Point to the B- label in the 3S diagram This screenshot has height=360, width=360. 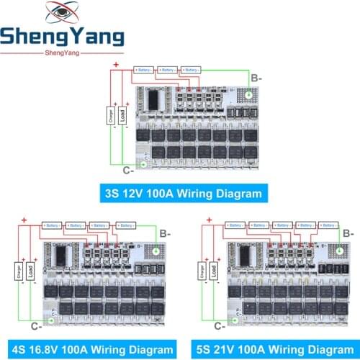(x=256, y=77)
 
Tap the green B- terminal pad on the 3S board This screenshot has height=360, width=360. (x=247, y=95)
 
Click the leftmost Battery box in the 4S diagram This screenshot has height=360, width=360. (x=53, y=225)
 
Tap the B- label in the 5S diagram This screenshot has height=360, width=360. (x=349, y=233)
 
